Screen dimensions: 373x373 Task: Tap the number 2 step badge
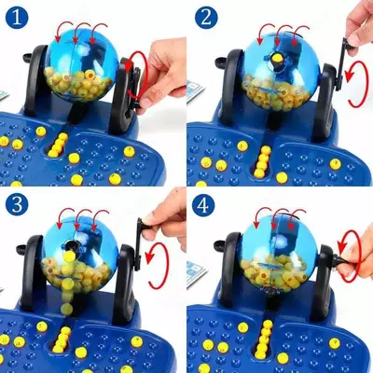206,18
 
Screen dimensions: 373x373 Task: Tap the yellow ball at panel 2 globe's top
275,57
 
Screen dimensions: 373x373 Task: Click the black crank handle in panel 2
341,63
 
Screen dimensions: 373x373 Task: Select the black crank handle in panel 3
140,242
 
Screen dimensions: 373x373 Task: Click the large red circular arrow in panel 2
357,83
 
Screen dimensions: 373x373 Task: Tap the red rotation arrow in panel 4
351,256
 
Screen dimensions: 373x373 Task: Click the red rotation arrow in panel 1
137,76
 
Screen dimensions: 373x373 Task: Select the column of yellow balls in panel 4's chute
264,339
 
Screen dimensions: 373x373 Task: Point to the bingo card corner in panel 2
195,90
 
